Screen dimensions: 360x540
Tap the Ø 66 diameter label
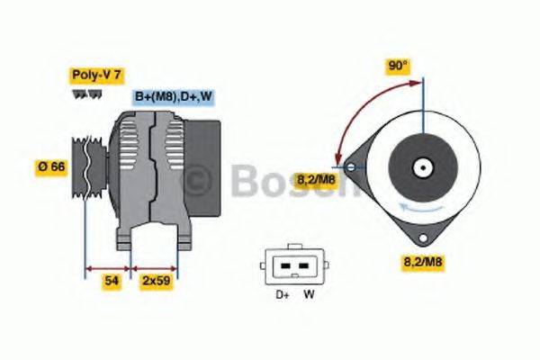[x=52, y=166]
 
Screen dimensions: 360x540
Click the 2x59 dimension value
[x=155, y=281]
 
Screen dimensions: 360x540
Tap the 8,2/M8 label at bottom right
[x=420, y=263]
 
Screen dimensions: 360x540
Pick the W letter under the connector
[x=308, y=293]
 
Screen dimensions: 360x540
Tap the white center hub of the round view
[x=421, y=167]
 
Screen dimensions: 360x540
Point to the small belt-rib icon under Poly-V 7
[x=85, y=94]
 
